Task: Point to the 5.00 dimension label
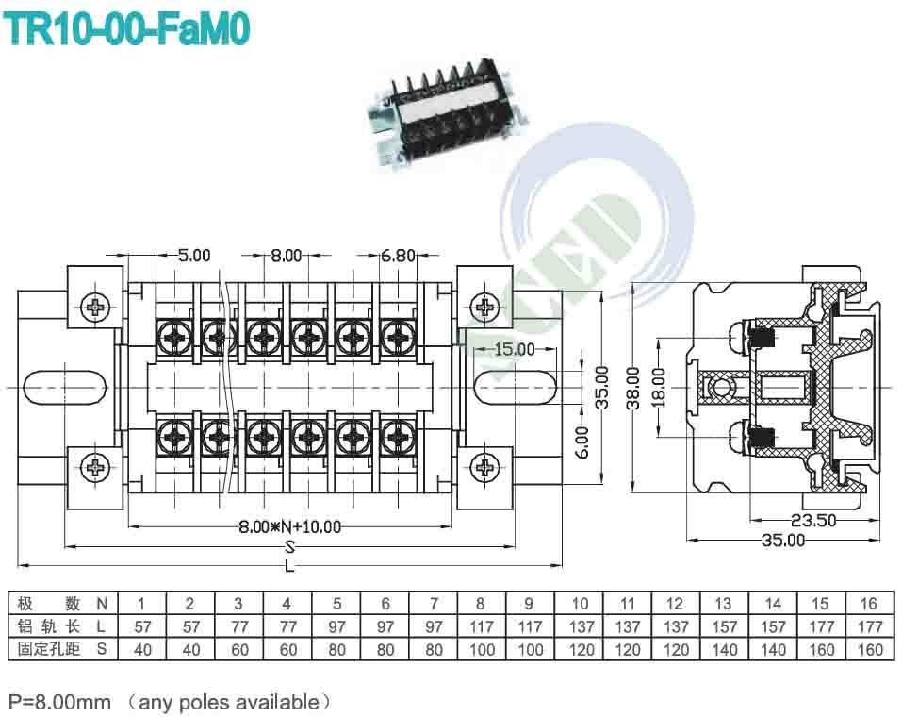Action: (x=194, y=255)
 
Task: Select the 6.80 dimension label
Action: (x=398, y=255)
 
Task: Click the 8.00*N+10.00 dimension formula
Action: (x=290, y=526)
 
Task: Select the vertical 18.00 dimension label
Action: (x=660, y=384)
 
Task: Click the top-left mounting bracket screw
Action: (x=95, y=306)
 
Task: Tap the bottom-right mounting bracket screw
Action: (x=485, y=466)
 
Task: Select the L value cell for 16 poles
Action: (x=870, y=626)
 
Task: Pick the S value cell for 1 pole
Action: (x=142, y=649)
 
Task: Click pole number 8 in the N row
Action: (x=481, y=604)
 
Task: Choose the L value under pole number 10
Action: (x=580, y=626)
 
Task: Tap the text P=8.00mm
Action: (x=59, y=701)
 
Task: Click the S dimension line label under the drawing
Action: (x=290, y=546)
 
